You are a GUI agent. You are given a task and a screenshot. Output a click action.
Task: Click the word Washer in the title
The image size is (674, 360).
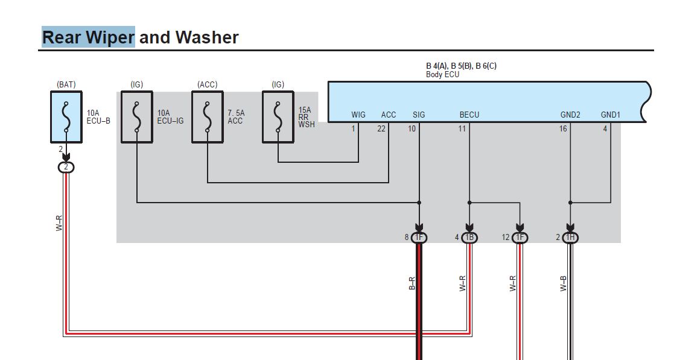pyautogui.click(x=207, y=37)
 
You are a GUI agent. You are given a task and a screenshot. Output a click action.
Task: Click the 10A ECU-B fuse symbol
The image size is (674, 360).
pyautogui.click(x=66, y=117)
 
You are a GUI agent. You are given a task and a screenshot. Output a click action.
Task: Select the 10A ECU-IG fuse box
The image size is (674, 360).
pyautogui.click(x=137, y=117)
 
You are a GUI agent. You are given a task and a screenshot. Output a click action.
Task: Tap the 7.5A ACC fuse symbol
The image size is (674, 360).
pyautogui.click(x=207, y=117)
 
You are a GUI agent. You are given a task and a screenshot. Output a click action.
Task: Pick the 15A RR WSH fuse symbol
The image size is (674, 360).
pyautogui.click(x=278, y=117)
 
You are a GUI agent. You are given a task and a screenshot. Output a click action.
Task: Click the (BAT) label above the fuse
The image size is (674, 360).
pyautogui.click(x=66, y=84)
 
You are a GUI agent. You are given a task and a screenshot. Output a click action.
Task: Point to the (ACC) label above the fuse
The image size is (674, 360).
pyautogui.click(x=207, y=84)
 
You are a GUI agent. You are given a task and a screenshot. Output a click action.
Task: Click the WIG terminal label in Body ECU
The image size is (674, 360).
pyautogui.click(x=358, y=115)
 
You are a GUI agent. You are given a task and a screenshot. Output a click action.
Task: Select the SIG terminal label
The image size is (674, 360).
pyautogui.click(x=419, y=115)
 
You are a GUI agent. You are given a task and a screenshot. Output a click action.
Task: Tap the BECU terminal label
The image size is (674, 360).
pyautogui.click(x=469, y=115)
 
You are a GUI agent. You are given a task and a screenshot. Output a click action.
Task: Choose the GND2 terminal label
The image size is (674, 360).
pyautogui.click(x=570, y=115)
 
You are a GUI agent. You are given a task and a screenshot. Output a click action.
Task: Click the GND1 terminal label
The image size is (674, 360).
pyautogui.click(x=611, y=115)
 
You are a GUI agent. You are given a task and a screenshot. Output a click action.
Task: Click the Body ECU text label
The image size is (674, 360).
pyautogui.click(x=443, y=74)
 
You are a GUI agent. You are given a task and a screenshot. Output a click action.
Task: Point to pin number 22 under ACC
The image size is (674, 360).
pyautogui.click(x=381, y=128)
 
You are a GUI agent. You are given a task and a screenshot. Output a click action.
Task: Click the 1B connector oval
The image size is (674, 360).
pyautogui.click(x=469, y=238)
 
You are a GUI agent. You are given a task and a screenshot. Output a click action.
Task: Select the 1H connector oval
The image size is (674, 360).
pyautogui.click(x=570, y=238)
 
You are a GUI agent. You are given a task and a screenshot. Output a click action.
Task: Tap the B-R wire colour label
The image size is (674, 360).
pyautogui.click(x=412, y=283)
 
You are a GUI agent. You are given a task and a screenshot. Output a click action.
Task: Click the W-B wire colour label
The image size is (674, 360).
pyautogui.click(x=563, y=283)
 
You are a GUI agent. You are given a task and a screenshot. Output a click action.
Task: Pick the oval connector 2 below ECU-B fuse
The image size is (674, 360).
pyautogui.click(x=66, y=167)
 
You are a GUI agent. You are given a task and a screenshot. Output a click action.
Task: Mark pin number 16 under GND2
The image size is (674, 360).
pyautogui.click(x=563, y=128)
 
